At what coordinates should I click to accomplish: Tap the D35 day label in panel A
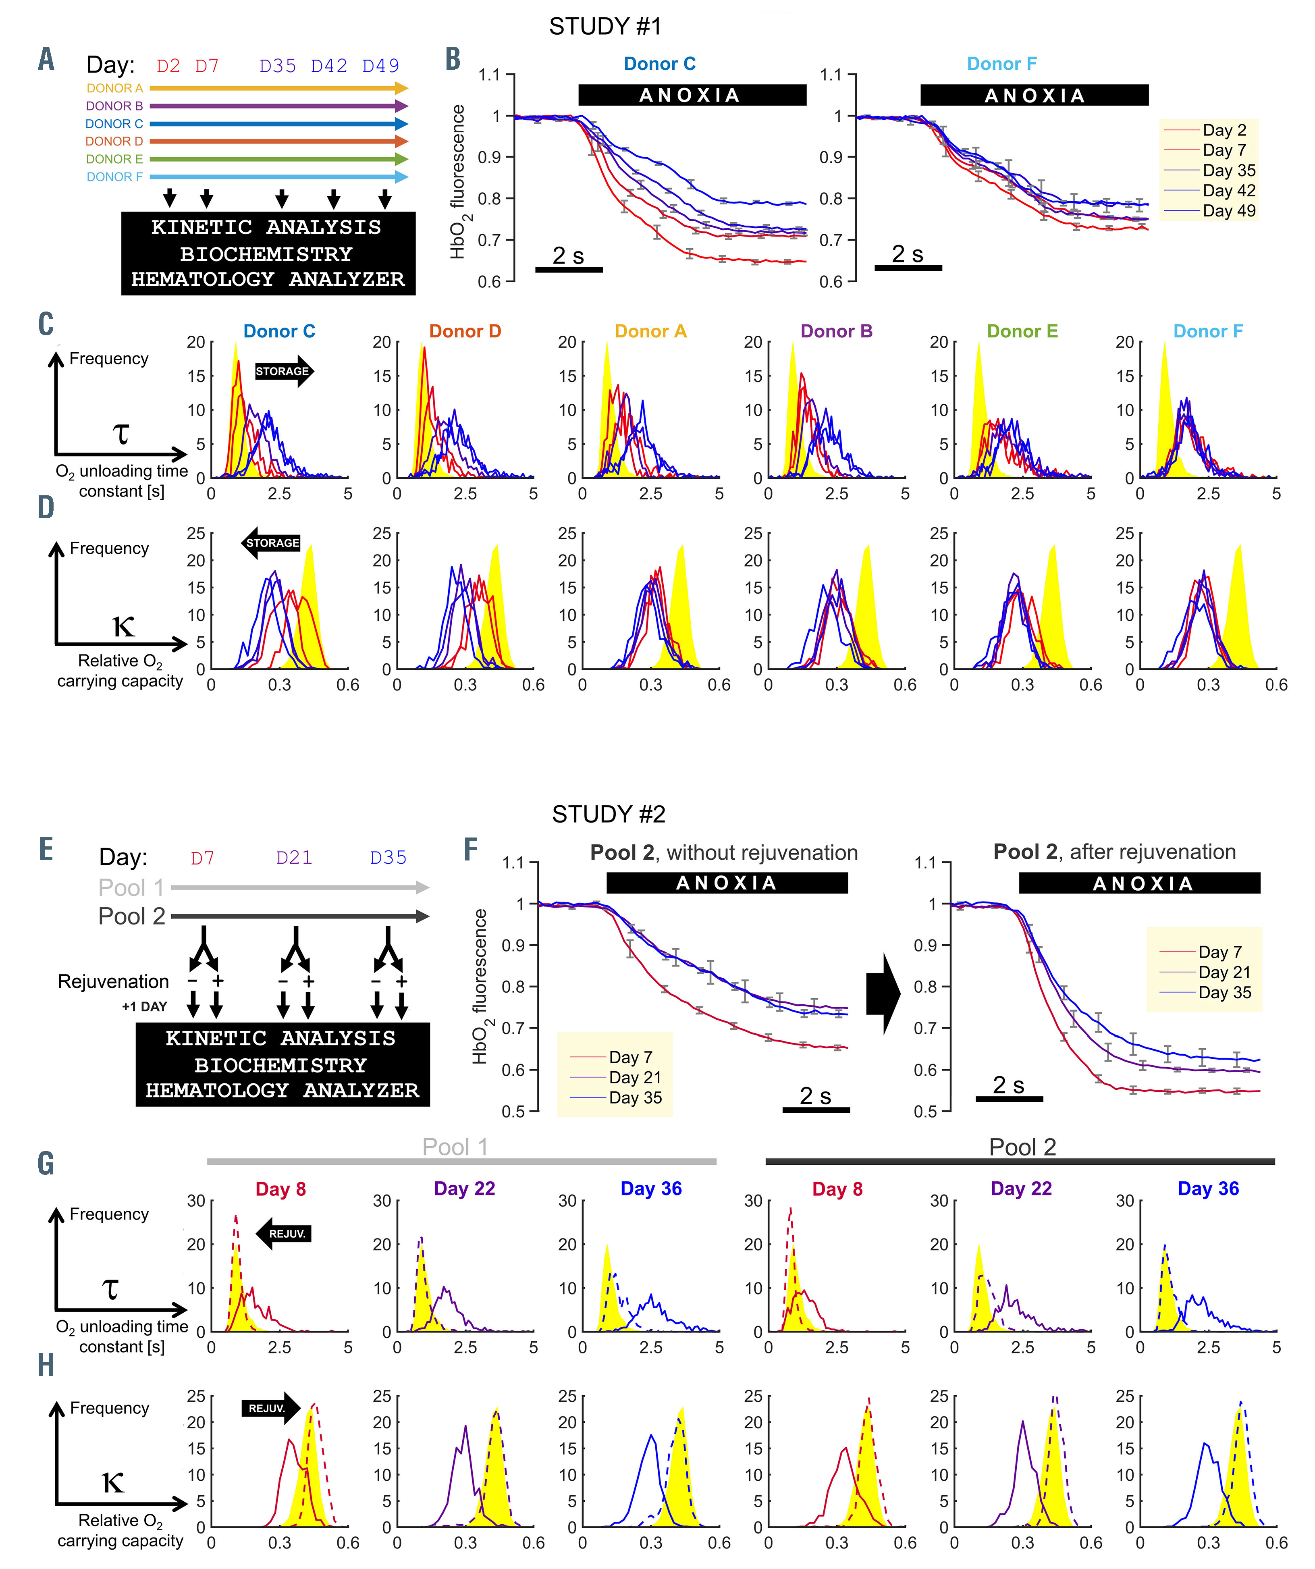[x=278, y=67]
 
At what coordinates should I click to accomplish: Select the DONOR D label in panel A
[x=114, y=141]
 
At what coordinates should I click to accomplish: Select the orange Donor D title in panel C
[x=465, y=332]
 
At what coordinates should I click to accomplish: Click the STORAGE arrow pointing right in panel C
[x=285, y=371]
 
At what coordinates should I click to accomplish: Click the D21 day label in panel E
[x=294, y=858]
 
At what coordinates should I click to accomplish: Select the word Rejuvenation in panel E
[x=114, y=982]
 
